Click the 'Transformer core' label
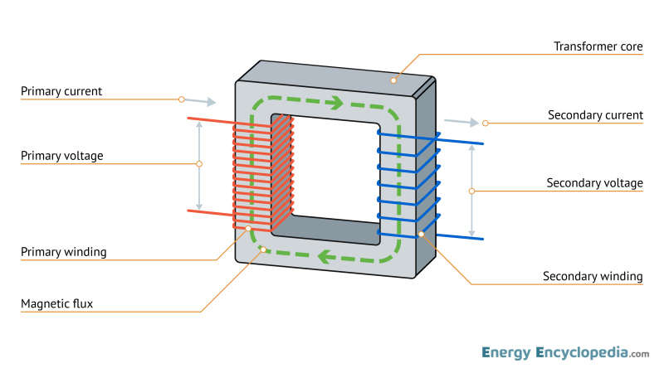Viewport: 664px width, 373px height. (598, 46)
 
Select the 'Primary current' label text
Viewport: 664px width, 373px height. (61, 91)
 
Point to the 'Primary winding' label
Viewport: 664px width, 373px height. (63, 251)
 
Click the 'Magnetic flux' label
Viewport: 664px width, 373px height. (56, 304)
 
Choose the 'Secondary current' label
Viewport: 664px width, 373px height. (595, 115)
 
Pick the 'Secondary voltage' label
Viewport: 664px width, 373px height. (594, 182)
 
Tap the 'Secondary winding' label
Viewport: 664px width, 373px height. (593, 276)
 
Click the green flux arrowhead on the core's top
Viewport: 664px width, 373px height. (335, 104)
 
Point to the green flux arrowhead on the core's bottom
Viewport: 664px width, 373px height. (325, 257)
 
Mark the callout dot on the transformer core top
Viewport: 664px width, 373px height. (393, 80)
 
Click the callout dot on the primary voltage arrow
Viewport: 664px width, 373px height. (199, 164)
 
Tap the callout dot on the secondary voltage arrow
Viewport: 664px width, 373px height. (471, 191)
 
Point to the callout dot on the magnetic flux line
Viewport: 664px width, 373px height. (262, 249)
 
